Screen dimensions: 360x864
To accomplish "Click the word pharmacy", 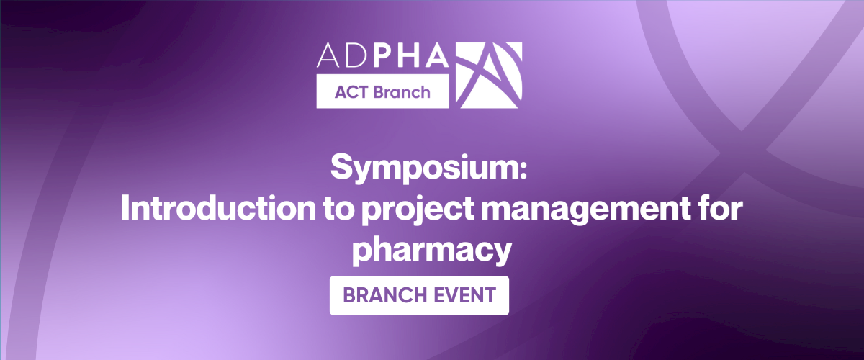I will coord(432,249).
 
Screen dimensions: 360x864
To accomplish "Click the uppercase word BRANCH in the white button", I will coord(382,295).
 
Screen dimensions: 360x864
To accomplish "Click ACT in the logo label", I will coord(351,92).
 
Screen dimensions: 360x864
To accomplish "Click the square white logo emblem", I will coord(490,76).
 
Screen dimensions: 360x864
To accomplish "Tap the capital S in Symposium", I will coord(341,168).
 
